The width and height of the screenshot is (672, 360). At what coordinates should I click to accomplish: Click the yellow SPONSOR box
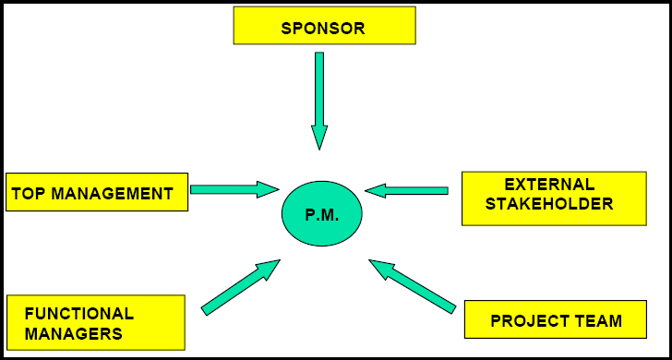tap(322, 27)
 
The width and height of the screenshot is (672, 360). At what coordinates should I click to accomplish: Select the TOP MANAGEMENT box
tap(96, 193)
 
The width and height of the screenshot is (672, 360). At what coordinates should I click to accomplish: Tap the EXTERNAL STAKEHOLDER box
tap(553, 198)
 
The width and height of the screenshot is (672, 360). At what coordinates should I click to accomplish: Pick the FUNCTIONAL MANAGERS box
tap(95, 324)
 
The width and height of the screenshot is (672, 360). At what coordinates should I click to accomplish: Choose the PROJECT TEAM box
tap(555, 319)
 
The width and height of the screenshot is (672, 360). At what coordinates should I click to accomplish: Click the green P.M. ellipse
tap(321, 214)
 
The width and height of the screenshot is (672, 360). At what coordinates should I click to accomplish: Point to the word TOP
tap(29, 194)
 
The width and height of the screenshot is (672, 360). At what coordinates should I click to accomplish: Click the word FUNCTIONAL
tap(79, 314)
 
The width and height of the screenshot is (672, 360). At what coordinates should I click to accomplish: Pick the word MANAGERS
tap(73, 334)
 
